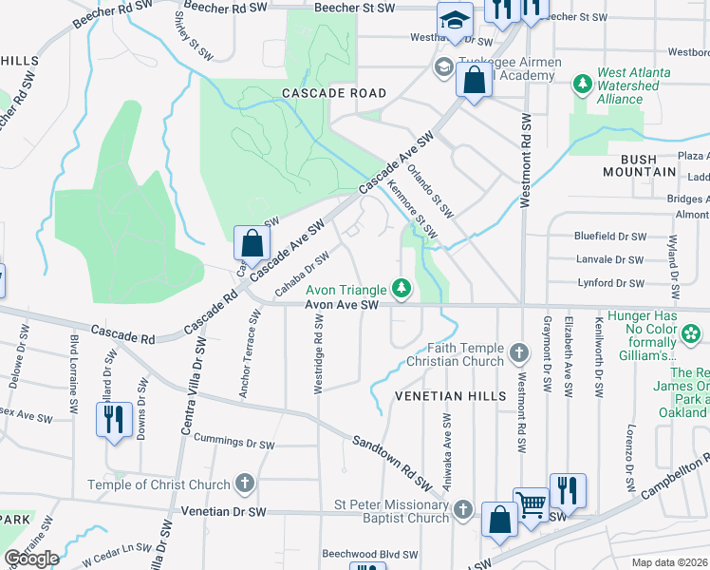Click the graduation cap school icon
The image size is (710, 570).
click(x=455, y=20)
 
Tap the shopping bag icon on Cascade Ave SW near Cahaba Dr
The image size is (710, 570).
click(x=251, y=243)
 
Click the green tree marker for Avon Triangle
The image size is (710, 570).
click(x=402, y=288)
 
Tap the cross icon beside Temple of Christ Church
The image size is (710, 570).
click(x=245, y=484)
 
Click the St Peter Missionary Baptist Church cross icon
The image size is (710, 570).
click(x=462, y=511)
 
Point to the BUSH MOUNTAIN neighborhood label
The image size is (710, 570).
click(x=640, y=172)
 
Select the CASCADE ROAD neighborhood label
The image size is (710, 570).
click(x=334, y=93)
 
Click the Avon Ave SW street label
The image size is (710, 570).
click(x=342, y=305)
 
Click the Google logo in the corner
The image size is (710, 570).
click(x=31, y=558)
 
